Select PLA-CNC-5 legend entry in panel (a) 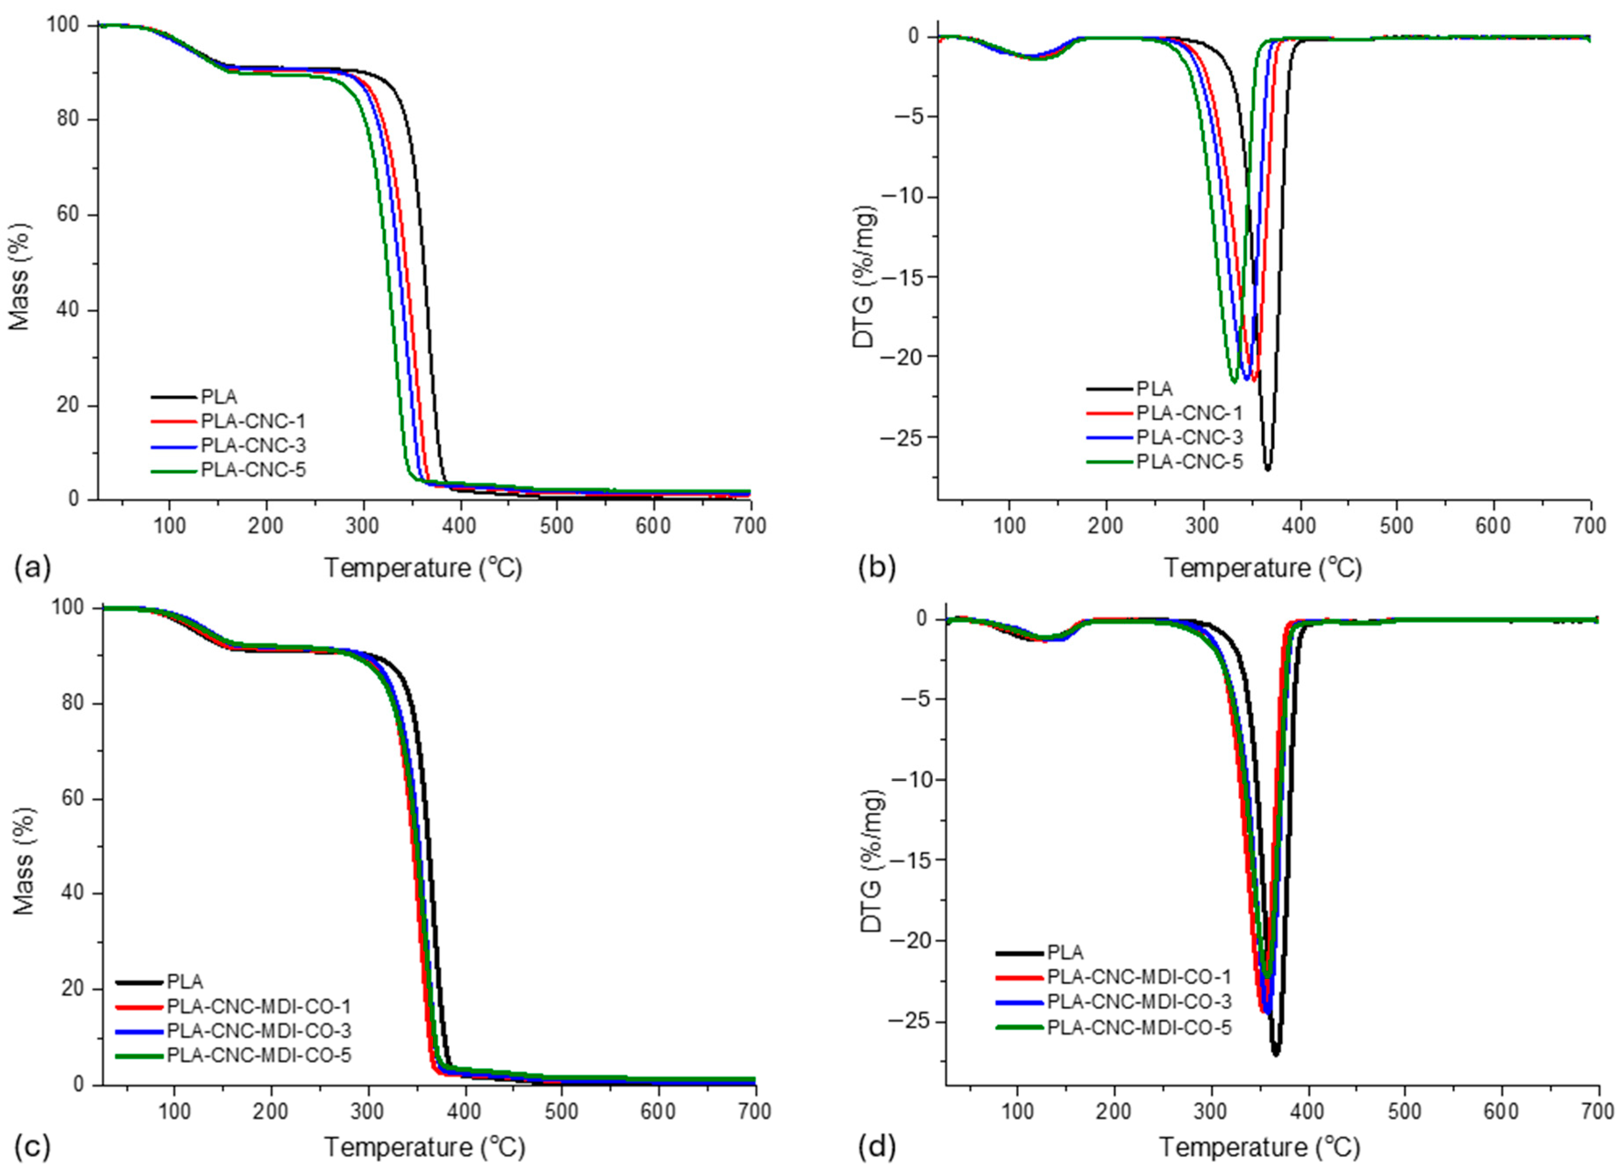coord(253,470)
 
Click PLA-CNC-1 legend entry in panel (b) coord(1189,413)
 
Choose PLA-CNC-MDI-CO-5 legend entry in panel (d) coord(1139,1028)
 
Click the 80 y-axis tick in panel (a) coord(68,120)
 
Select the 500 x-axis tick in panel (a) coord(556,527)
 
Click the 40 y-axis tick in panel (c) coord(72,893)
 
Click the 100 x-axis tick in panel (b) coord(1010,527)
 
